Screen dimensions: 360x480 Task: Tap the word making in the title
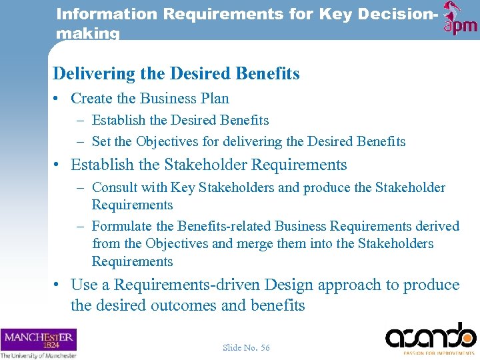[x=88, y=33]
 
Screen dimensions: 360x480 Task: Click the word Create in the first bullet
[x=91, y=99]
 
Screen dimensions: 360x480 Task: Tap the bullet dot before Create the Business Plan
[x=58, y=99]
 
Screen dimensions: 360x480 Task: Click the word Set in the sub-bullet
[x=101, y=141]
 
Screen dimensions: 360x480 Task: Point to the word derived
[x=437, y=226]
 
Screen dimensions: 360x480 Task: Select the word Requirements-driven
[x=187, y=285]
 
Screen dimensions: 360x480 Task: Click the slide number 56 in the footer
[x=265, y=347]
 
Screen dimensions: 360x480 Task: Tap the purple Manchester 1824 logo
[x=38, y=339]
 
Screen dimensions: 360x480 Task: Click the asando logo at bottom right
[x=431, y=335]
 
